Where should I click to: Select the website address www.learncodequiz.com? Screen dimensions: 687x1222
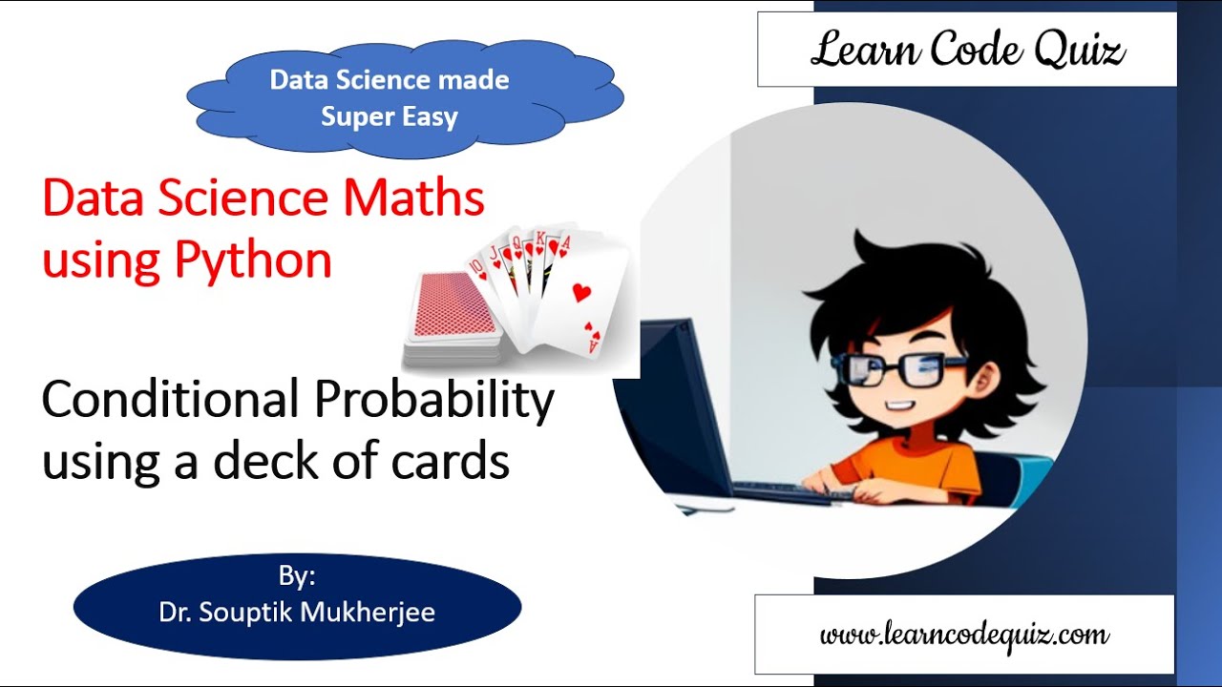[x=964, y=635]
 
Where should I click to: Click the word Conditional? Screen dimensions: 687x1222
[x=170, y=400]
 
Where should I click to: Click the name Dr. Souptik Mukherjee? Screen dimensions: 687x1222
[x=297, y=612]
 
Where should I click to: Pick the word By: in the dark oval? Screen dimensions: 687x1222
[x=297, y=576]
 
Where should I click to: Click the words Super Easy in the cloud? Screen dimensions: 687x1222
[x=389, y=116]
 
